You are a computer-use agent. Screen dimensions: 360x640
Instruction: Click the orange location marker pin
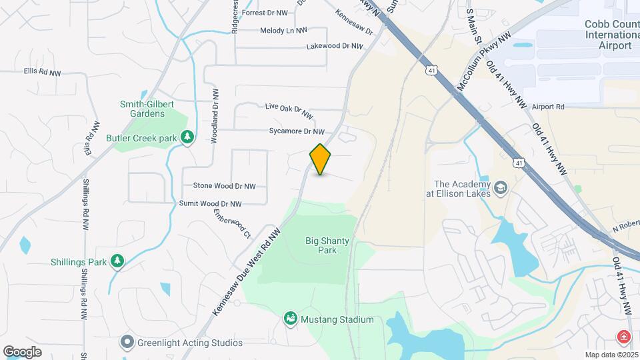click(320, 159)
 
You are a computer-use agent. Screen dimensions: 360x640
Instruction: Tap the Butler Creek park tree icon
click(188, 137)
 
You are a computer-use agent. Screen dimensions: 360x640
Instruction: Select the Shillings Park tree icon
click(117, 261)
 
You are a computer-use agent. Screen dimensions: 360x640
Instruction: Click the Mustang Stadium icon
click(291, 319)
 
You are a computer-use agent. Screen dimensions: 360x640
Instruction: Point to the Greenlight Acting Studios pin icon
click(127, 343)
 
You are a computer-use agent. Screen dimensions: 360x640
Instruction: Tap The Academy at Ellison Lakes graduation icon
click(501, 189)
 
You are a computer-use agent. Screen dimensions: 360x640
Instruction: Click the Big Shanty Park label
click(321, 245)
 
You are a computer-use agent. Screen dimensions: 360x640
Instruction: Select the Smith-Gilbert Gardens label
click(142, 109)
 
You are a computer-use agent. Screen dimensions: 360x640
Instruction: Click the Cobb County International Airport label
click(610, 35)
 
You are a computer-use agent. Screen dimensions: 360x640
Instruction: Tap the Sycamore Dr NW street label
click(296, 132)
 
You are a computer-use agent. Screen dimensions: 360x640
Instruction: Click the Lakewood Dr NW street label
click(335, 47)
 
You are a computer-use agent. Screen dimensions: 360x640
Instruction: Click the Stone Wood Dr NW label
click(224, 186)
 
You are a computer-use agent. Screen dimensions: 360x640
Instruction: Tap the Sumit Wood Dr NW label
click(210, 203)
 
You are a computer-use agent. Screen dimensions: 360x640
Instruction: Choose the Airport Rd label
click(548, 107)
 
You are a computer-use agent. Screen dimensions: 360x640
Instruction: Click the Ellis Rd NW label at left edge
click(41, 70)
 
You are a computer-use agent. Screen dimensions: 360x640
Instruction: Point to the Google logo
click(22, 351)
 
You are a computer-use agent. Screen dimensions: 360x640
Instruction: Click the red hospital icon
click(625, 337)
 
